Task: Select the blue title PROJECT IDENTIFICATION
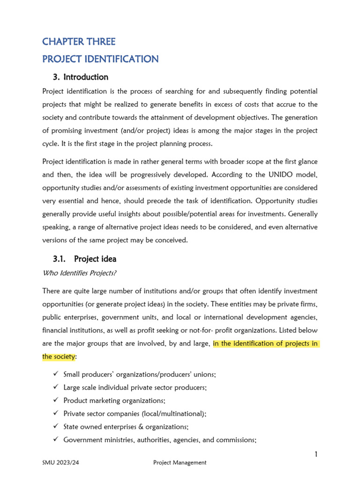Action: point(100,59)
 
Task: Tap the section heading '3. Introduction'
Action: point(81,77)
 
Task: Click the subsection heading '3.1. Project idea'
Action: point(85,259)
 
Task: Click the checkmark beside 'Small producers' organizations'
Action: point(55,374)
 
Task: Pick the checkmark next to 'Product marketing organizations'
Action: point(55,400)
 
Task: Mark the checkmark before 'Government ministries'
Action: point(55,440)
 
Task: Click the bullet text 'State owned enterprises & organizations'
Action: point(126,427)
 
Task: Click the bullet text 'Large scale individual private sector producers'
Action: point(135,387)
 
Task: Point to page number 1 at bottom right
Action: point(316,454)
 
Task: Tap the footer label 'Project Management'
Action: point(180,463)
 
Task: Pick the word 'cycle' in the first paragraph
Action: point(50,143)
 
